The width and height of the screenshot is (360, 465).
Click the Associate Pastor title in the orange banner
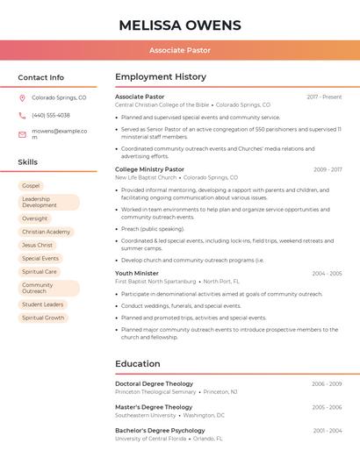(179, 50)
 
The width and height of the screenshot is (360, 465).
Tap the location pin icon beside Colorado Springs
(22, 98)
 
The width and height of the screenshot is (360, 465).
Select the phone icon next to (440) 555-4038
(22, 115)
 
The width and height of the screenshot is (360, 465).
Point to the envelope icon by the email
(22, 134)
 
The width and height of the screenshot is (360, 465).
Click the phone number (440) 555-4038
(51, 115)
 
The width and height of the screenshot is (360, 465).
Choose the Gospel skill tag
(31, 186)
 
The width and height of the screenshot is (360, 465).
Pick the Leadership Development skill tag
(48, 202)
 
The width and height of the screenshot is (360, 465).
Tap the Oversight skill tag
(35, 218)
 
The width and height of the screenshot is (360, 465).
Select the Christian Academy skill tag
(46, 232)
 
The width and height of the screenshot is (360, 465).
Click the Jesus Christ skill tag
(37, 246)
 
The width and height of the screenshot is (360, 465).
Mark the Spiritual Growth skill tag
(43, 318)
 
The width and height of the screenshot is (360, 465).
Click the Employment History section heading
(161, 77)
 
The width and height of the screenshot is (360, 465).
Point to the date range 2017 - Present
(324, 97)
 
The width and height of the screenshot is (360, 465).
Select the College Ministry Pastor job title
(149, 169)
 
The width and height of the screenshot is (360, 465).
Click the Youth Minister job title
(137, 274)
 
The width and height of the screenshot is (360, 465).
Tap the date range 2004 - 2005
(327, 274)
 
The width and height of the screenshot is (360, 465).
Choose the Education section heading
(138, 364)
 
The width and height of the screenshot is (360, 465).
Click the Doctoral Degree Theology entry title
(154, 383)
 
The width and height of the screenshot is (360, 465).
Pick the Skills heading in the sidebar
(28, 162)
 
